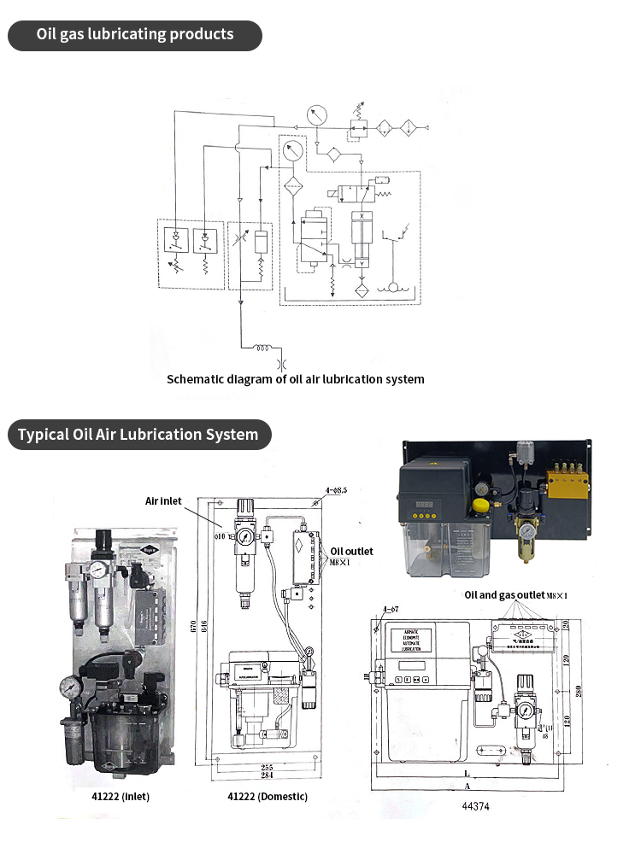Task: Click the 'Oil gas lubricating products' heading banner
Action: pyautogui.click(x=134, y=35)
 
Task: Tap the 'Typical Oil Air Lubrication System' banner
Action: pyautogui.click(x=138, y=434)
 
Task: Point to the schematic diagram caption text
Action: pyautogui.click(x=295, y=378)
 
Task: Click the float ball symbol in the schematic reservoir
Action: pyautogui.click(x=393, y=288)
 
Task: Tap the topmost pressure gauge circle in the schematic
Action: pyautogui.click(x=315, y=114)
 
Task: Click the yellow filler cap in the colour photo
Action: pyautogui.click(x=480, y=506)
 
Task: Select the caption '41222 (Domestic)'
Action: pyautogui.click(x=268, y=796)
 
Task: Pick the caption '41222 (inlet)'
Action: pyautogui.click(x=109, y=796)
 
